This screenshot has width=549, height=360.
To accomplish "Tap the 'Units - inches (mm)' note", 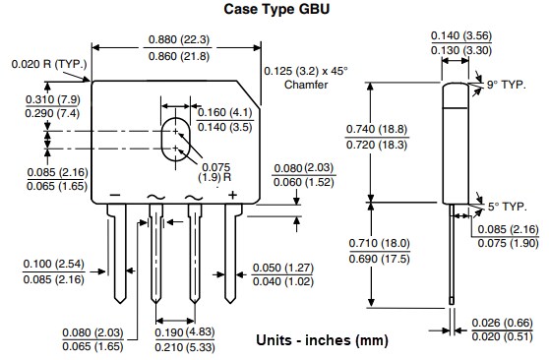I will (x=322, y=340).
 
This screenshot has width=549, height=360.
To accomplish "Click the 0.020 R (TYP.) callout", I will (x=50, y=64).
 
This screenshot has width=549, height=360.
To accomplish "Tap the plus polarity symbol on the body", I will (x=232, y=195).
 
